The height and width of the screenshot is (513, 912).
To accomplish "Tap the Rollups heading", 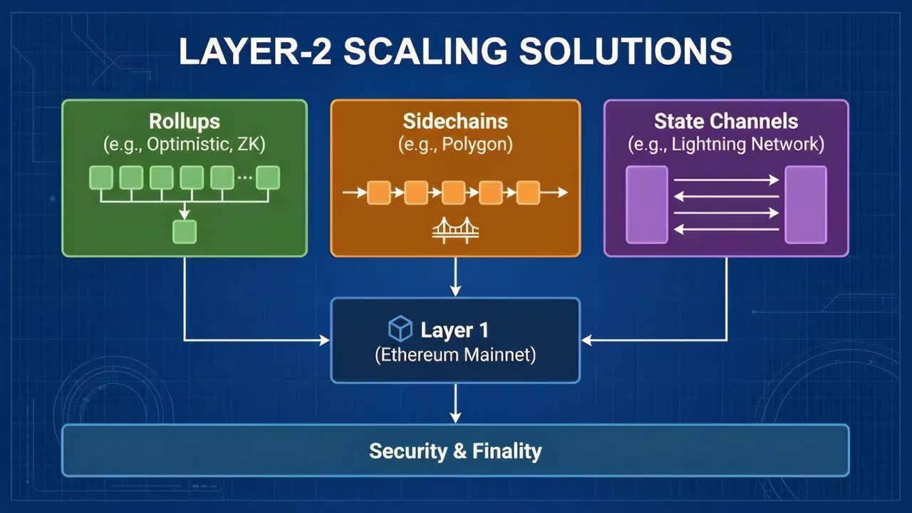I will pos(185,121).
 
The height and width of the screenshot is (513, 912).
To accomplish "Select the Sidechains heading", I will pos(455,121).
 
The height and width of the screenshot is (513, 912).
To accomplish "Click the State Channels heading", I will pos(726,121).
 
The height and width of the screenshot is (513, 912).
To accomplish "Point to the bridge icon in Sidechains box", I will pos(455,230).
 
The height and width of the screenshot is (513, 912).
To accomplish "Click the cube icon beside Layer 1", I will pos(400,328).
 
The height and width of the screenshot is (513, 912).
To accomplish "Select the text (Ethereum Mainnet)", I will pos(455,354).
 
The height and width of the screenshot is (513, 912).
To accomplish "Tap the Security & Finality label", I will pos(455,450).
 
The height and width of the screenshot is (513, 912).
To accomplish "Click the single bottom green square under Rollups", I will pos(185,232).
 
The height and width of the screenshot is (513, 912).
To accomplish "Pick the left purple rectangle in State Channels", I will pos(646,204).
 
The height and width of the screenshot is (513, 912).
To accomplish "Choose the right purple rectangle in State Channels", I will pos(806,204).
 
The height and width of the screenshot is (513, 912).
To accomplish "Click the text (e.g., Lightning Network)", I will pos(726,145).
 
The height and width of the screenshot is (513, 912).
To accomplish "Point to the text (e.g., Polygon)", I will pos(455,145).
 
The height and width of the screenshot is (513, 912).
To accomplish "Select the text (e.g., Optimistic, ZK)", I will pos(185,145).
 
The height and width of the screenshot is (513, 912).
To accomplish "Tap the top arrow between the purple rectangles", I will pos(726,180).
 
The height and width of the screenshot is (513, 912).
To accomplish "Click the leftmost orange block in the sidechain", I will pos(379,192).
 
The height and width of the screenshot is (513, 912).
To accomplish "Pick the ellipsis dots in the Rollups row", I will pos(244,176).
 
